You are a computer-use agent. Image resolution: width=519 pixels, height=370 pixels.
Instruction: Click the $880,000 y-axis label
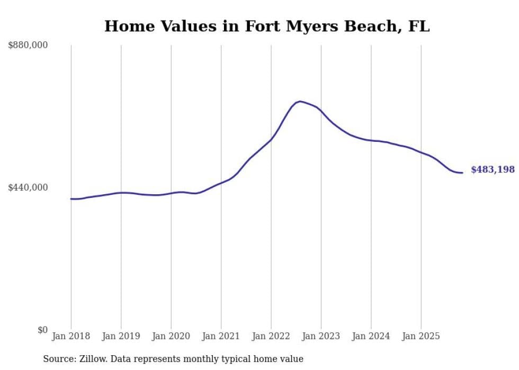click(28, 46)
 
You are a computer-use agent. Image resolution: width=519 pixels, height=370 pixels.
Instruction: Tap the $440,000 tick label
click(28, 187)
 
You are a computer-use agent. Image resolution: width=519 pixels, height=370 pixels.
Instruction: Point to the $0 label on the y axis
click(42, 330)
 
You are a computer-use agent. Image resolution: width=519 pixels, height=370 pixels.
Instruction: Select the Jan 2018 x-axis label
click(71, 336)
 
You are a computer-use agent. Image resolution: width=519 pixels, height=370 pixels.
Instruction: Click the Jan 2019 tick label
click(121, 336)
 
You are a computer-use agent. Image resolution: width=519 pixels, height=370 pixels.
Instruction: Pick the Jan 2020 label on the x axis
click(171, 336)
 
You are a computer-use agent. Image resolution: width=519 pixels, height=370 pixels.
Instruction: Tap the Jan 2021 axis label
click(221, 336)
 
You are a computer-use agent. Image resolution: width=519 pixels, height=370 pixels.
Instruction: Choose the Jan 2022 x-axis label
click(271, 336)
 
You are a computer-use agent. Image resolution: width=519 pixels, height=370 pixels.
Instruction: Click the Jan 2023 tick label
click(321, 336)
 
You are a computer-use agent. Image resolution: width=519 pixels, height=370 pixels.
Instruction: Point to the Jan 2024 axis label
click(371, 336)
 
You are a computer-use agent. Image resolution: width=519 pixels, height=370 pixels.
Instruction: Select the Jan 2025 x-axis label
click(421, 336)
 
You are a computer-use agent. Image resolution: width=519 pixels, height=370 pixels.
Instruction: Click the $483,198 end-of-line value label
click(493, 169)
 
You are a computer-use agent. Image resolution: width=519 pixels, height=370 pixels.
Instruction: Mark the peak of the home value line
click(300, 101)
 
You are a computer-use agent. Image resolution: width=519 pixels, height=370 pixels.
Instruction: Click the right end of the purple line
click(462, 173)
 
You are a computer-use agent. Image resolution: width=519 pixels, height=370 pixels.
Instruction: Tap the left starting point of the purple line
click(71, 199)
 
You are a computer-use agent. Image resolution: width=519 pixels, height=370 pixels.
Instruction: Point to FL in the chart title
click(419, 26)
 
